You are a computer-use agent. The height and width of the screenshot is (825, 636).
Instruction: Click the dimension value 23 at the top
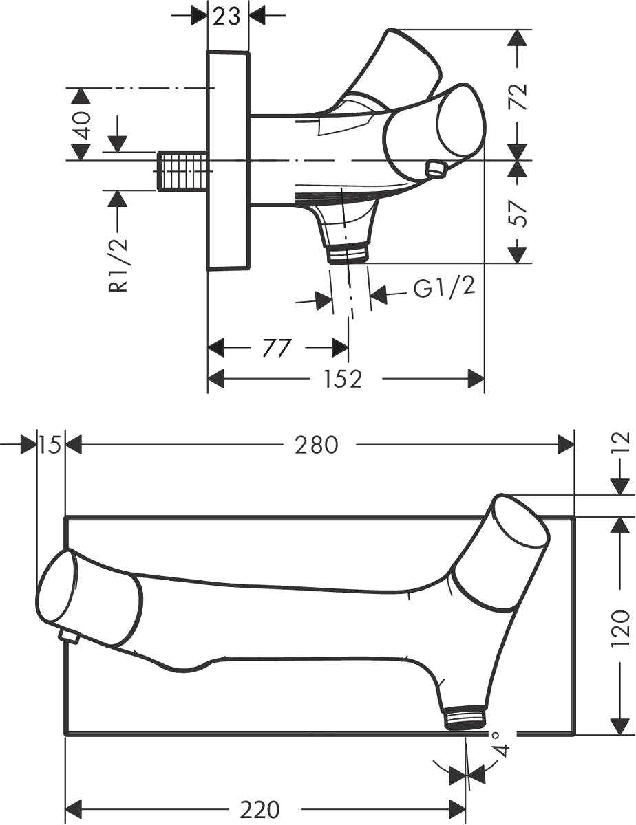click(x=226, y=16)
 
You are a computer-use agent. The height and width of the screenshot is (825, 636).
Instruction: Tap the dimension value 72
click(x=520, y=96)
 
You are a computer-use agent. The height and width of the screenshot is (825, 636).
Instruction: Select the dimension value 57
click(x=520, y=213)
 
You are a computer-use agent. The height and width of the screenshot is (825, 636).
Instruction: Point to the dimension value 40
click(x=82, y=125)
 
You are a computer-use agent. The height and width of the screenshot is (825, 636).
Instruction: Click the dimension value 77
click(x=277, y=348)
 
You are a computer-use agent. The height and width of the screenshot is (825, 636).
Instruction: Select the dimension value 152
click(x=343, y=379)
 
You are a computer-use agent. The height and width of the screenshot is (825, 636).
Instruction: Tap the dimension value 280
click(x=317, y=445)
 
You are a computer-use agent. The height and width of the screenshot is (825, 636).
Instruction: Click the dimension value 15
click(x=50, y=445)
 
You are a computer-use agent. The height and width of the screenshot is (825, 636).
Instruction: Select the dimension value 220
click(x=260, y=808)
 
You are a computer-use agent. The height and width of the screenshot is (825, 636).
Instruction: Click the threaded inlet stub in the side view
click(x=182, y=170)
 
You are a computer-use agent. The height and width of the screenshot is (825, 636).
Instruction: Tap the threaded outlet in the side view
click(x=348, y=253)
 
